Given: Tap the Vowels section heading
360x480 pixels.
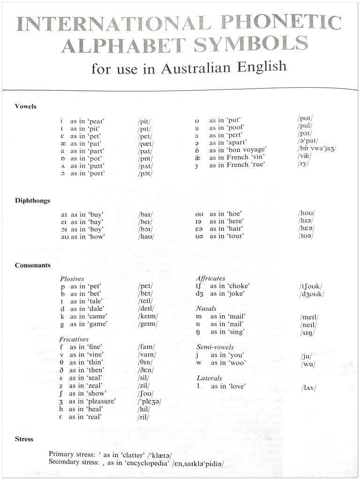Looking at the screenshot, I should coord(25,106).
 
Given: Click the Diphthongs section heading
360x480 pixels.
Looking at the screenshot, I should coord(32,201).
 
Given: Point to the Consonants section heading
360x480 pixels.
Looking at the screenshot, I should coord(32,265).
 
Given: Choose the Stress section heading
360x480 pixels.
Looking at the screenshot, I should coord(24,439).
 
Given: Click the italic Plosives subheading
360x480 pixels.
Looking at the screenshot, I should coord(72,278).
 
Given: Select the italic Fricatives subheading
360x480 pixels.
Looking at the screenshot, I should coord(74,339).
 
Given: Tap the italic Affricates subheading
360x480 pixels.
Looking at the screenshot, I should coord(210,278).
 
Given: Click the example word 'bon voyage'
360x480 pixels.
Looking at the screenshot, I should coord(248,150).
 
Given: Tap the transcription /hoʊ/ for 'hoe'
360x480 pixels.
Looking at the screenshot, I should coord(307,213).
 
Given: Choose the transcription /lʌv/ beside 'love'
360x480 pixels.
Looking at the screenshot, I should coord(309,388).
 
